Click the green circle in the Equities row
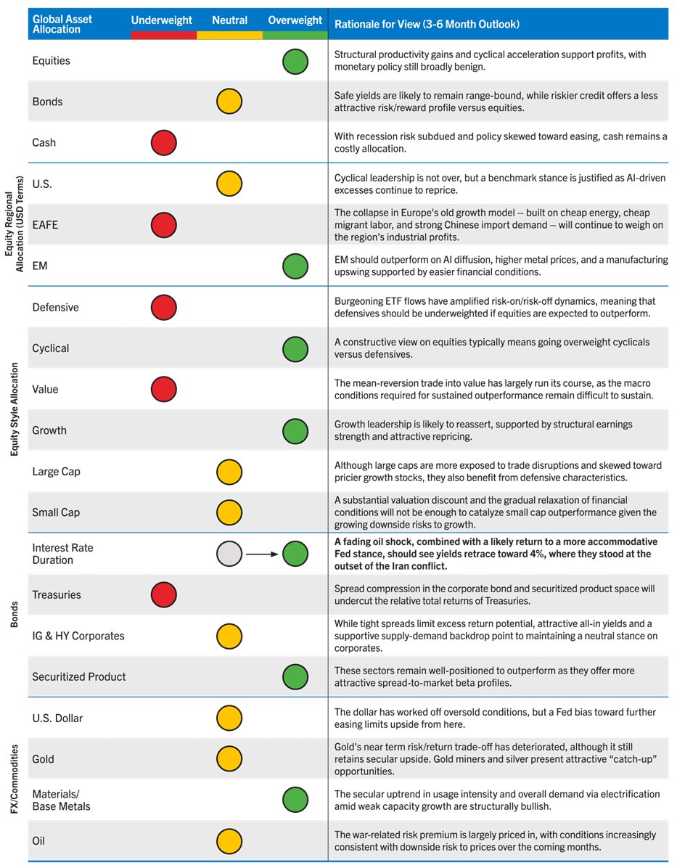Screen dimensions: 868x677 pos(295,61)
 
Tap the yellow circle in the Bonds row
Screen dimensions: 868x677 pos(229,102)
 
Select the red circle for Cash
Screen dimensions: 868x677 pos(164,143)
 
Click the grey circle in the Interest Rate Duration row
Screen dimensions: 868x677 pos(229,554)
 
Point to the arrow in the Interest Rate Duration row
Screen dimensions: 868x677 pos(262,554)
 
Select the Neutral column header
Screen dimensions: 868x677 pos(229,21)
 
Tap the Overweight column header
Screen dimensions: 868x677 pos(295,21)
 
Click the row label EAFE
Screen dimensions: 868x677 pos(45,225)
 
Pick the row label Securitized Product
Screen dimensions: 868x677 pos(79,676)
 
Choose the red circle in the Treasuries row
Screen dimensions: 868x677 pos(164,595)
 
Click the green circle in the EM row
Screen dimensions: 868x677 pos(295,266)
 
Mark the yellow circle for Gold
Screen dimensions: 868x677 pos(229,759)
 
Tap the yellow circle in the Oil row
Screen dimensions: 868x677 pos(229,841)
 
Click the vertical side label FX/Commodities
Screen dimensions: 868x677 pos(15,779)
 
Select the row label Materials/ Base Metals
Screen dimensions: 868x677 pos(61,800)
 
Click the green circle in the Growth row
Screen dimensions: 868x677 pos(295,430)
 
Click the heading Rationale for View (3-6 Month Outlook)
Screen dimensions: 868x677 pos(427,25)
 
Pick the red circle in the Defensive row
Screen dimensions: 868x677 pos(164,307)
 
